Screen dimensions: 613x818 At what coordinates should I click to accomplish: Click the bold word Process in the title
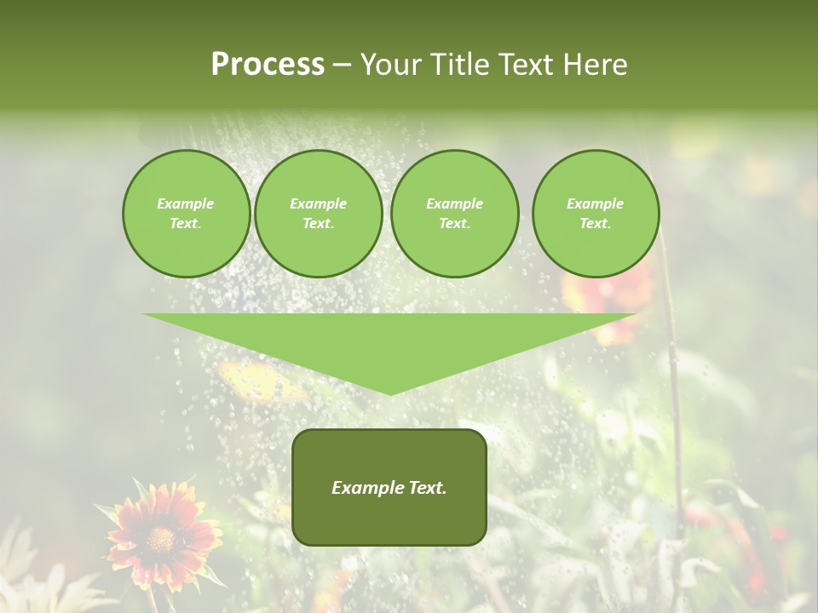(x=268, y=65)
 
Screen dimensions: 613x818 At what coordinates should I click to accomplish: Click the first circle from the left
(x=187, y=214)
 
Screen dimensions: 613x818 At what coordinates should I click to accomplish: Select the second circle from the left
(x=319, y=214)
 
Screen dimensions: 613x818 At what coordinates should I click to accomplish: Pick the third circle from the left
(x=455, y=214)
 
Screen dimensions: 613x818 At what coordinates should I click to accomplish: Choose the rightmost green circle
(x=596, y=214)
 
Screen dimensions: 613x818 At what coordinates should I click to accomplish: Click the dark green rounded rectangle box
(x=389, y=487)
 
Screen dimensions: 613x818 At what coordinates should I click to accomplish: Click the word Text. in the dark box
(x=428, y=488)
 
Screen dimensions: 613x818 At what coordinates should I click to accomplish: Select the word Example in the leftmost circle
(x=186, y=203)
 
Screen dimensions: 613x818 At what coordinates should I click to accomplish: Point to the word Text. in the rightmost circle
(x=596, y=224)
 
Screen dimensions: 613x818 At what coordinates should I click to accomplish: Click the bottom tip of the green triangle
(x=390, y=392)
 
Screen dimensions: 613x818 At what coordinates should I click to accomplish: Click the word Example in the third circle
(x=455, y=203)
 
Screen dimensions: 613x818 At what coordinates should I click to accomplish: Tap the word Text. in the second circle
(x=319, y=224)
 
